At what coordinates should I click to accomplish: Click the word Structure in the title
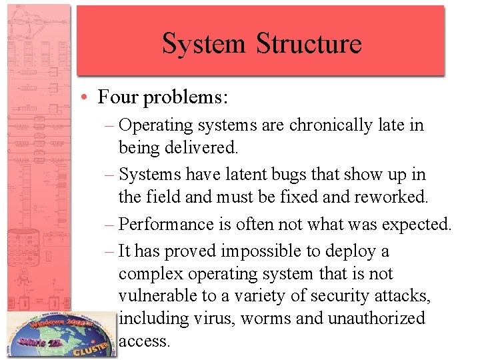point(309,43)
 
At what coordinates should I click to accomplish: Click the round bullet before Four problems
point(87,97)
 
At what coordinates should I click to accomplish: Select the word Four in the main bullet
point(119,97)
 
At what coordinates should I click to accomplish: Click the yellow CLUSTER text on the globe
point(93,347)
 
